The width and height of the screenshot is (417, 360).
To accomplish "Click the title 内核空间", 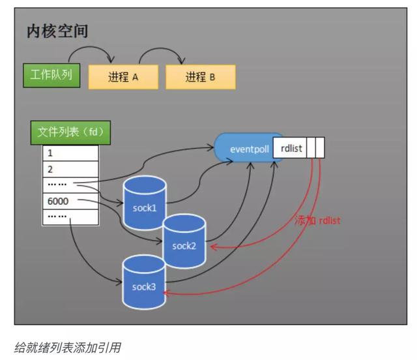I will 57,31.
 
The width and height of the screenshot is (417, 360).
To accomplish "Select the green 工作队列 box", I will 51,76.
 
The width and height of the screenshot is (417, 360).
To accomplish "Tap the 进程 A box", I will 123,77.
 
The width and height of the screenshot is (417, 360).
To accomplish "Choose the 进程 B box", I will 200,77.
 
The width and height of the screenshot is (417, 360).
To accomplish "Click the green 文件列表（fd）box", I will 70,132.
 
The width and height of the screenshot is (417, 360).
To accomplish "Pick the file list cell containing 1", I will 70,154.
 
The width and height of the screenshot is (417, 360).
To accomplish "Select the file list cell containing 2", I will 70,169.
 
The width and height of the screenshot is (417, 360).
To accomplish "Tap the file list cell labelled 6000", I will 70,201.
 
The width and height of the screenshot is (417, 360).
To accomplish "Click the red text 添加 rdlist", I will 317,220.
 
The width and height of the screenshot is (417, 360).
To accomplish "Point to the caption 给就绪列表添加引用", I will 67,348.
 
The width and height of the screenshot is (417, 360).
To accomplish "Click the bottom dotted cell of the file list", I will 70,217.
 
